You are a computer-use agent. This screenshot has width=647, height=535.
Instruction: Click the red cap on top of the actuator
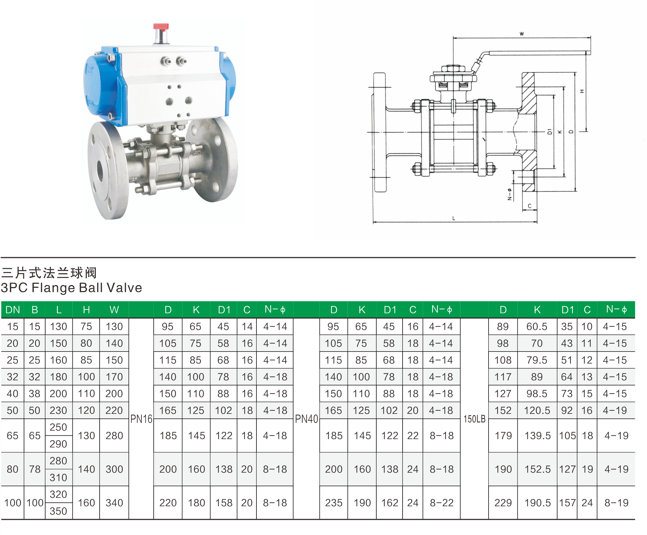161,27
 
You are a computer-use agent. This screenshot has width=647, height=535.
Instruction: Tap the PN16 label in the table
141,419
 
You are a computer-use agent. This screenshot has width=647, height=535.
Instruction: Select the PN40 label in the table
306,419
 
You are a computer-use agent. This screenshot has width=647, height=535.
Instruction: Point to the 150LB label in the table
474,419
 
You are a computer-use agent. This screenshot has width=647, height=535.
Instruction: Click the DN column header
13,310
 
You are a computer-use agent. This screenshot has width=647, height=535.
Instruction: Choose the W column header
114,310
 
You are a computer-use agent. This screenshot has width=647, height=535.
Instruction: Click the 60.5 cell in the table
537,327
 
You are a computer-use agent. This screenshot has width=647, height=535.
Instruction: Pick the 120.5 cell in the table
537,410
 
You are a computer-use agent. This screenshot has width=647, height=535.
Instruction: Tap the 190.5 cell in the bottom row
538,503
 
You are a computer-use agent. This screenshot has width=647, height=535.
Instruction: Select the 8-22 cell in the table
441,503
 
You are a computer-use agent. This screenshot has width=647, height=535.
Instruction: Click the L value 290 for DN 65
59,444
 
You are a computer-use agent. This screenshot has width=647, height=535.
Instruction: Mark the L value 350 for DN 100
59,511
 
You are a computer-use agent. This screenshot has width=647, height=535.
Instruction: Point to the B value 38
34,394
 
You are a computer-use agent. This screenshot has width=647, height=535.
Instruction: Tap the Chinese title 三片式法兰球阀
49,273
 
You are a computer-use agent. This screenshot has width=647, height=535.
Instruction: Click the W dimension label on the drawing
522,34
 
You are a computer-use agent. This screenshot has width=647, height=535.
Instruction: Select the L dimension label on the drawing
454,218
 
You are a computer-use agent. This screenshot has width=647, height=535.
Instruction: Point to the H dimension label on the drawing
582,91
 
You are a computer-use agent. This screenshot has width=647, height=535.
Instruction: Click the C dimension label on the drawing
530,206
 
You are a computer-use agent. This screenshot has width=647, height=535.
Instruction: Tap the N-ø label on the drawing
509,194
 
